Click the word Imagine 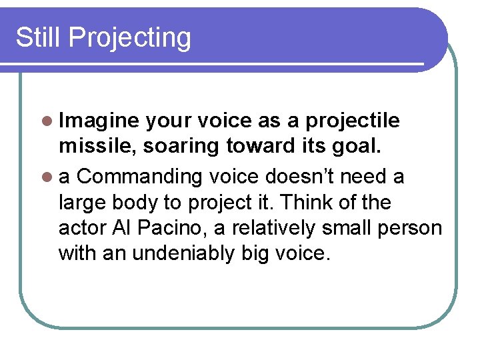pos(99,121)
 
